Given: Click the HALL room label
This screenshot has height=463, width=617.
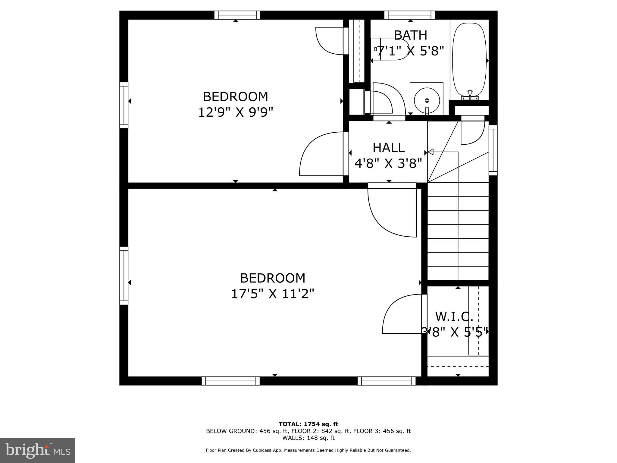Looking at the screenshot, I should (x=388, y=148).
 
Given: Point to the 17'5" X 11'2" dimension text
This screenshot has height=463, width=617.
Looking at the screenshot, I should (x=272, y=294).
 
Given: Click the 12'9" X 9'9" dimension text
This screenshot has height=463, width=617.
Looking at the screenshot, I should (x=235, y=112).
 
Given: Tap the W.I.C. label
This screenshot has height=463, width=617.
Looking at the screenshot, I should (x=454, y=317).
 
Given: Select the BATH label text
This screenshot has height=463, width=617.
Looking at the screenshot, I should (x=410, y=35).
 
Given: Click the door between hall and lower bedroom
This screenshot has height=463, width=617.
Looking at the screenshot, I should (x=392, y=211).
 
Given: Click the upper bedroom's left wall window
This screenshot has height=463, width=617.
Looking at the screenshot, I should (x=124, y=105).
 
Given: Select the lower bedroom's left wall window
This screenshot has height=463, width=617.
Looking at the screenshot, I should (x=124, y=276).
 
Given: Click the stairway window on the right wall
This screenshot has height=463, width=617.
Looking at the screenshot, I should (x=493, y=150).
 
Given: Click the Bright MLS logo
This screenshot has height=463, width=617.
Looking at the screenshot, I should (x=37, y=450).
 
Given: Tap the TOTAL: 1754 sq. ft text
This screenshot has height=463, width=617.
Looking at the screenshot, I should (x=308, y=424).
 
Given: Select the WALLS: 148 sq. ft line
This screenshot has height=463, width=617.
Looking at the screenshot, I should (x=308, y=438).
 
